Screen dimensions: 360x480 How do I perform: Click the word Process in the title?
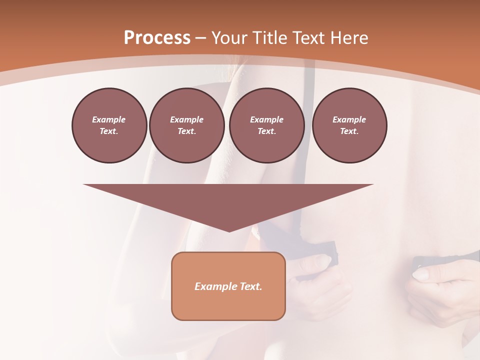tap(157, 38)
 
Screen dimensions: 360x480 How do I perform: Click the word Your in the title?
tap(229, 38)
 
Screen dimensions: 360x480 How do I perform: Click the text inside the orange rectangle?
tap(228, 286)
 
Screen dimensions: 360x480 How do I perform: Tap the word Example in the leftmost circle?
tap(109, 119)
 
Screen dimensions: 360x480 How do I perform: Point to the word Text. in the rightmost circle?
tap(349, 131)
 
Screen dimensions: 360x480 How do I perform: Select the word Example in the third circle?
tap(266, 119)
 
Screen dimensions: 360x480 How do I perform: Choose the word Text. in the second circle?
tap(186, 131)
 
